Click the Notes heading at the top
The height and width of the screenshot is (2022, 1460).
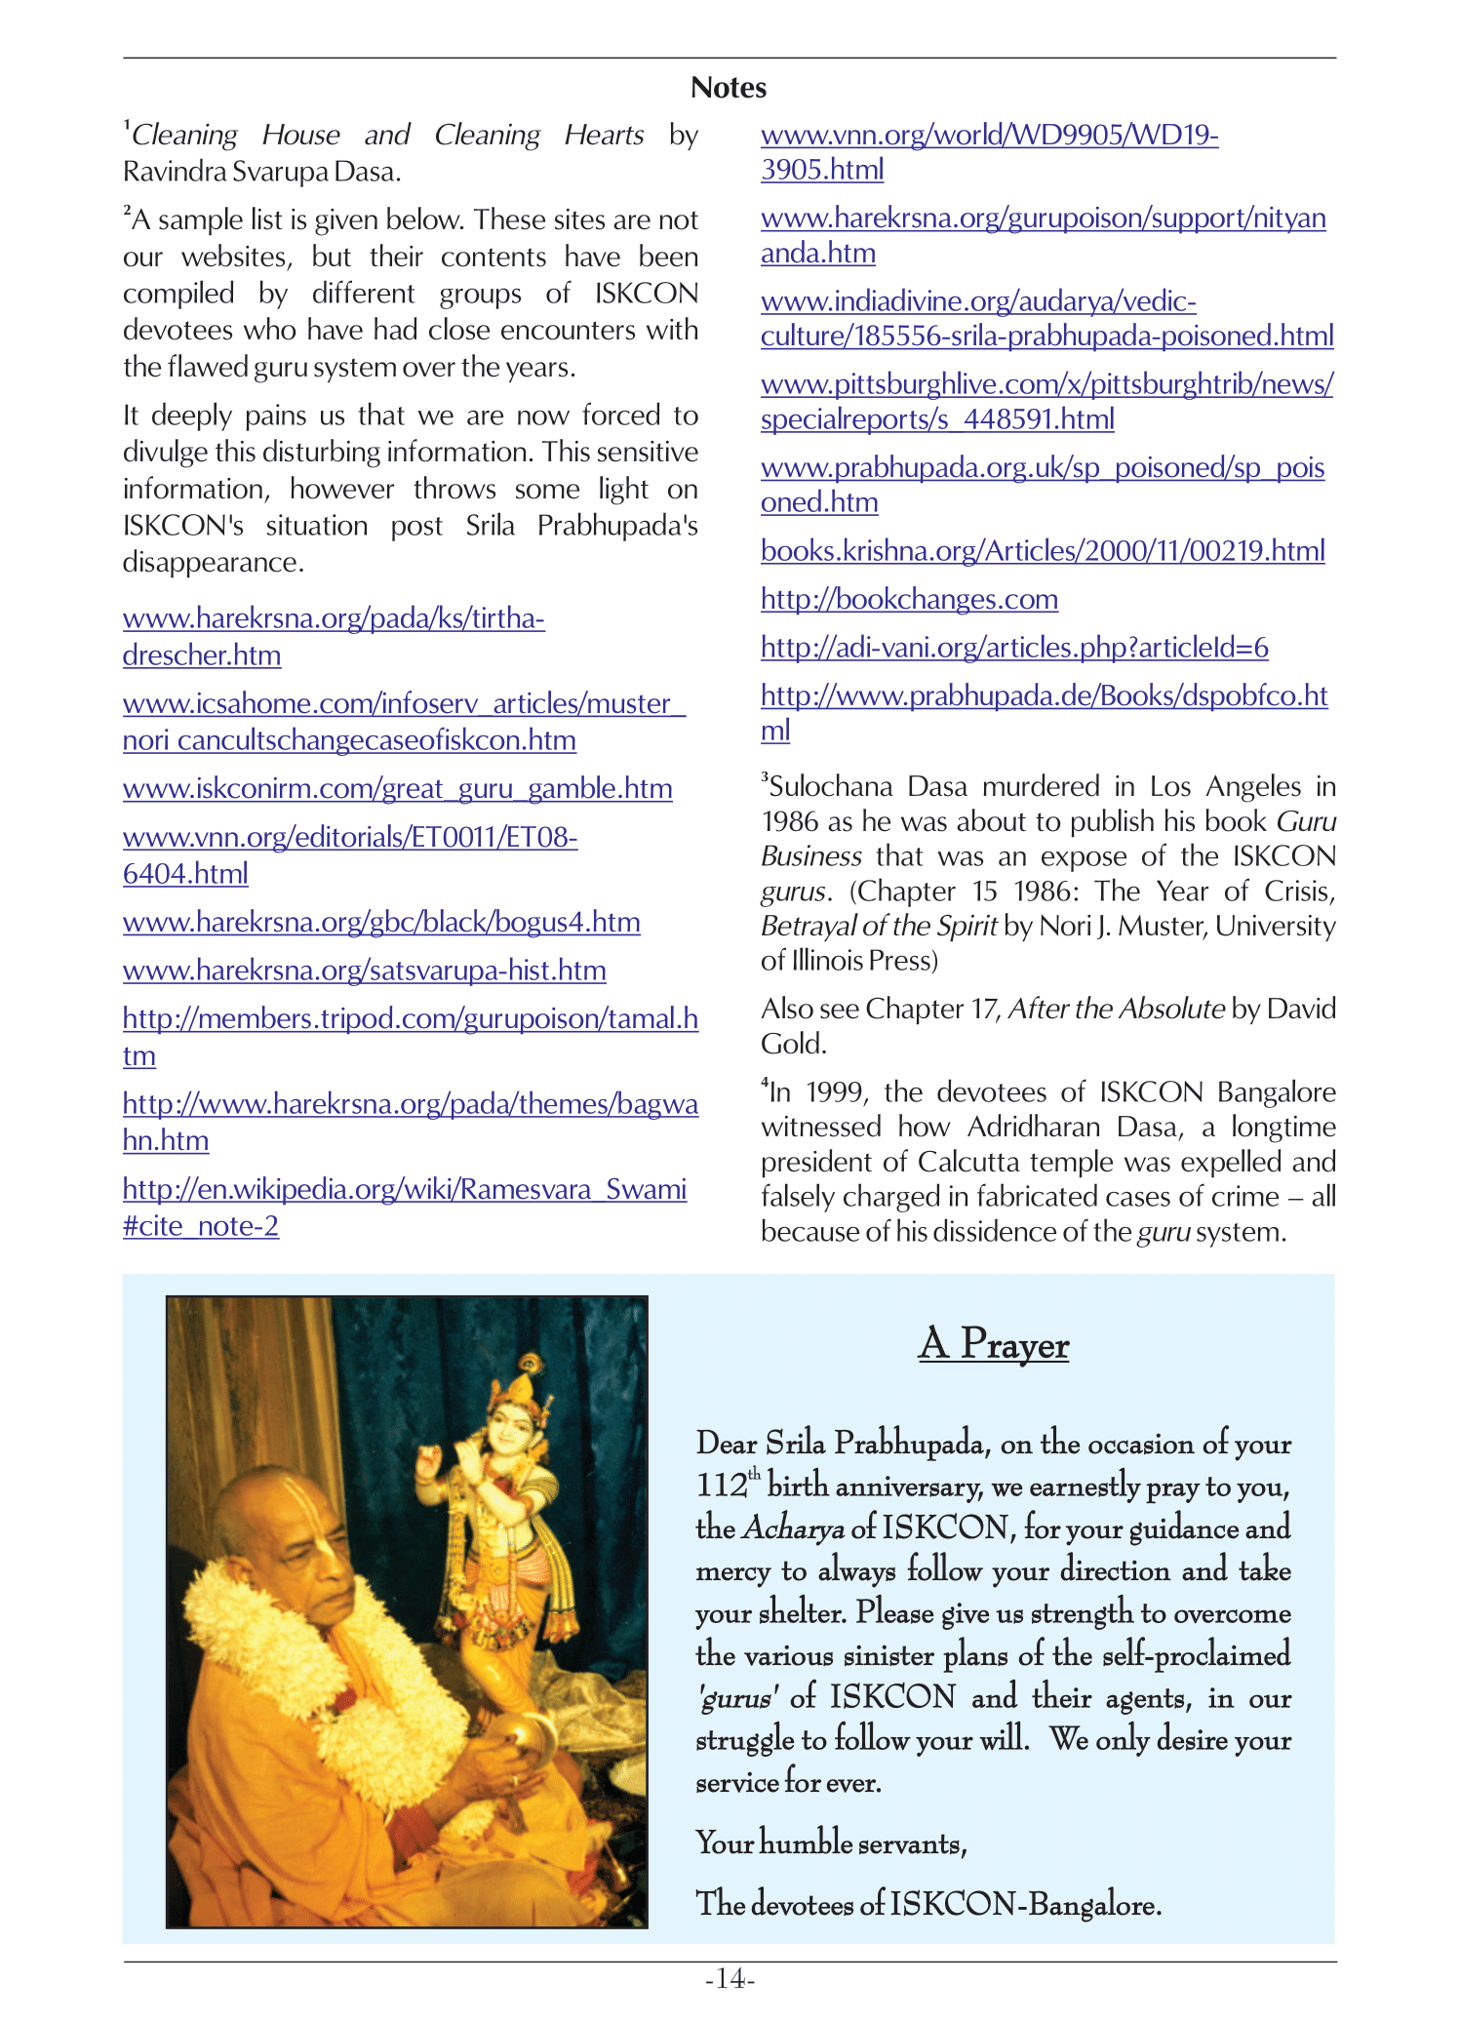click(729, 88)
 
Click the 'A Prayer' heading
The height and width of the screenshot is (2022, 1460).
click(993, 1344)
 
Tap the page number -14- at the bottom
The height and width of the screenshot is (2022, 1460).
click(730, 1979)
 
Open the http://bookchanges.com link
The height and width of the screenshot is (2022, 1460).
click(909, 599)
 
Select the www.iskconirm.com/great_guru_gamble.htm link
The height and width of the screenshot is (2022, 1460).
click(397, 788)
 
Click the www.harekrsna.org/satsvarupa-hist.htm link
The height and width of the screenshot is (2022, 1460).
click(364, 971)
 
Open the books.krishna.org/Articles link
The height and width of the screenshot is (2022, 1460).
click(1043, 551)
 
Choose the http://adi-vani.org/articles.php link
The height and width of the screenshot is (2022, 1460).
click(1014, 648)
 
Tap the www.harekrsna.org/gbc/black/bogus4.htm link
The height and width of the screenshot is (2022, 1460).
click(381, 922)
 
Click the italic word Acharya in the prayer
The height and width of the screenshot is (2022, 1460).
click(793, 1528)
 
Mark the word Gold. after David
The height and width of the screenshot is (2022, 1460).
click(793, 1045)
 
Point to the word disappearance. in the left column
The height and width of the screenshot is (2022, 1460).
click(213, 563)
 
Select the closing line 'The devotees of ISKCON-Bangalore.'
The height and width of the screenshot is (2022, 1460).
click(927, 1903)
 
